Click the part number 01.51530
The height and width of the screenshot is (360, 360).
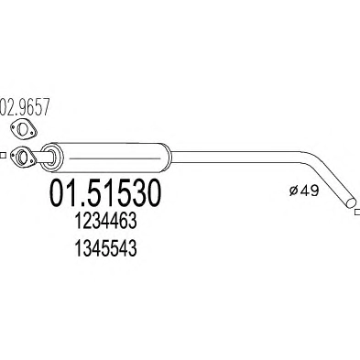104,192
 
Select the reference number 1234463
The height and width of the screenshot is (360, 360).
105,222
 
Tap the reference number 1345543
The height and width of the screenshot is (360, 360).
105,248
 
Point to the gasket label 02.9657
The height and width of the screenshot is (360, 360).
25,107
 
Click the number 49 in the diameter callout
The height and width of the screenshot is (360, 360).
309,191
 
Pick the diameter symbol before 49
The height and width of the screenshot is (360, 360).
293,191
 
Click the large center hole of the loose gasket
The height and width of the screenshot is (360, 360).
22,129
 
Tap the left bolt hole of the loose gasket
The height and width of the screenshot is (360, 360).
14,126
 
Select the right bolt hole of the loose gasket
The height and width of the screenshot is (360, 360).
31,133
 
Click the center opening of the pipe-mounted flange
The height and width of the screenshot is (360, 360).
22,156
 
